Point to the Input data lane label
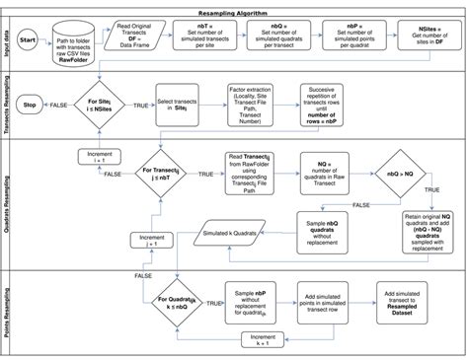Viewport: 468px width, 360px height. tap(9, 40)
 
